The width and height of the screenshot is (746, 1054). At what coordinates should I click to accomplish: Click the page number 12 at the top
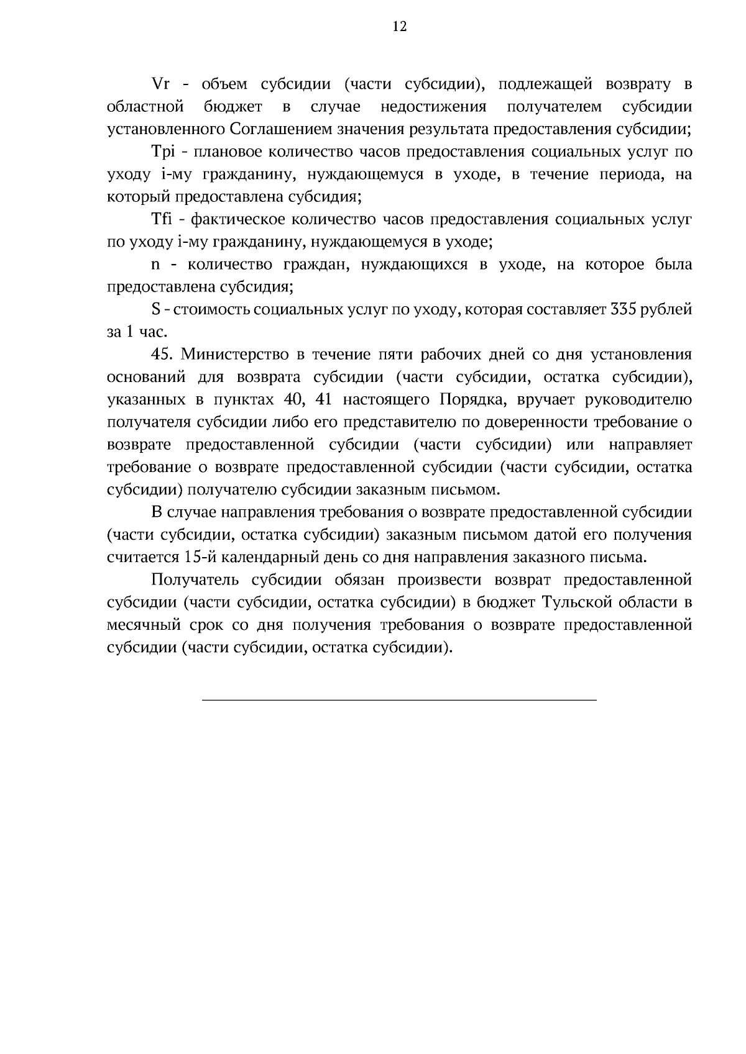click(x=399, y=26)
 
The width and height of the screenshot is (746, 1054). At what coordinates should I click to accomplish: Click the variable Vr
click(x=161, y=84)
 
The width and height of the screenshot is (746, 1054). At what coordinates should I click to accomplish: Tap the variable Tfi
click(x=163, y=219)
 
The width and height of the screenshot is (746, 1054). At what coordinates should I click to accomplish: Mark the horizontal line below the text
click(x=399, y=700)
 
